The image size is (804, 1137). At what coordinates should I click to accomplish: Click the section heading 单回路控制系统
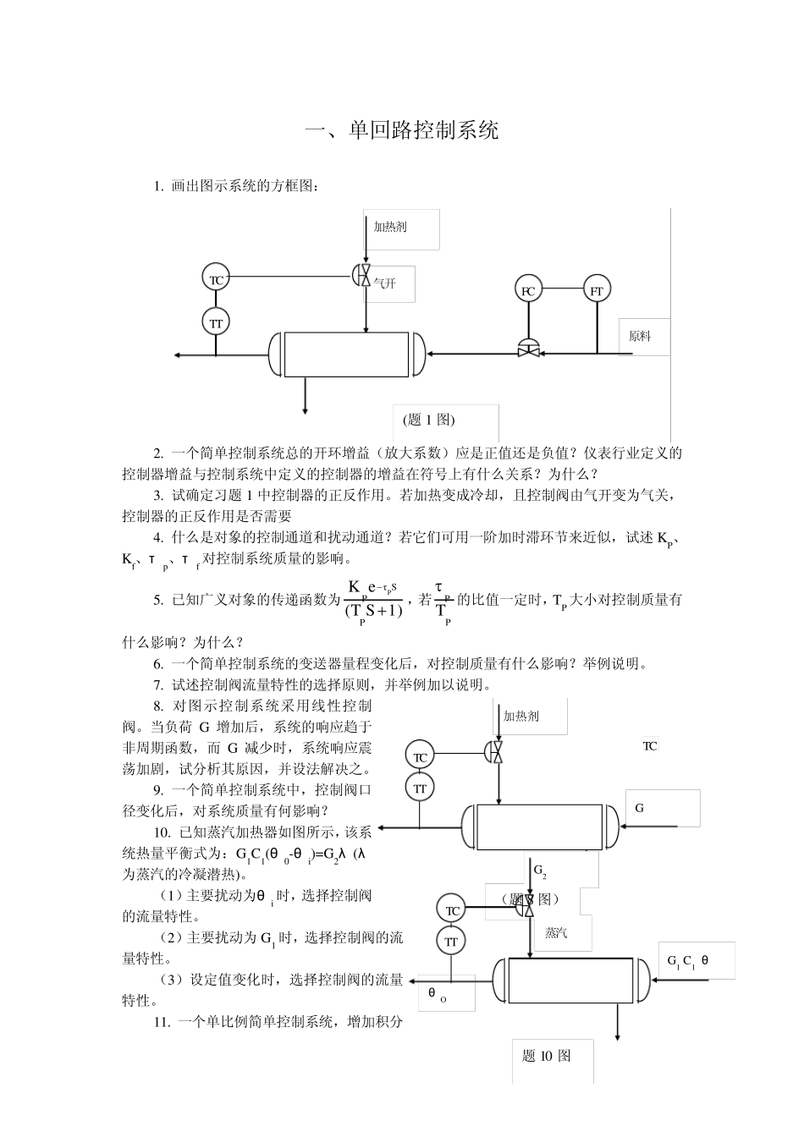point(402,130)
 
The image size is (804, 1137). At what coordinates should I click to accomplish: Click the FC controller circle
point(528,290)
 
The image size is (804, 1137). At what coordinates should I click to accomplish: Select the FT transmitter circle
point(597,290)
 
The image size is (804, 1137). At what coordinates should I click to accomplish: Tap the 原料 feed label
point(641,336)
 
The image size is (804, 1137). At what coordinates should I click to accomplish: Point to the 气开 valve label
point(385,283)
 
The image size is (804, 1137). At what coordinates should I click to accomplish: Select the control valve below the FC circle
point(528,348)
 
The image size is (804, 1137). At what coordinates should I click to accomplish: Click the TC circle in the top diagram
point(216,278)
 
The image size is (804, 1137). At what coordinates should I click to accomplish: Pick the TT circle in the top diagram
point(216,322)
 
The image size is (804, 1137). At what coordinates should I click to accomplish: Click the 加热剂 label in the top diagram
point(390,226)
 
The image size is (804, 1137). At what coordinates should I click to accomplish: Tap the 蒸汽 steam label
point(556,933)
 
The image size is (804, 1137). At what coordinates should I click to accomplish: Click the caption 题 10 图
point(547,1055)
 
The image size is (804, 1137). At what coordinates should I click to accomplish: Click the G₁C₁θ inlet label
point(687,961)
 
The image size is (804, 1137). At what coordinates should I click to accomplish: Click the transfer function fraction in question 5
point(374,600)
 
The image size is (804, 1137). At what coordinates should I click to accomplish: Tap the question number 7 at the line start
point(158,684)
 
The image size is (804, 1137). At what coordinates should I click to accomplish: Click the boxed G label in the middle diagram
point(640,808)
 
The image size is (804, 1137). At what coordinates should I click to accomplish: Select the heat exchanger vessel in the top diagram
point(348,354)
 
